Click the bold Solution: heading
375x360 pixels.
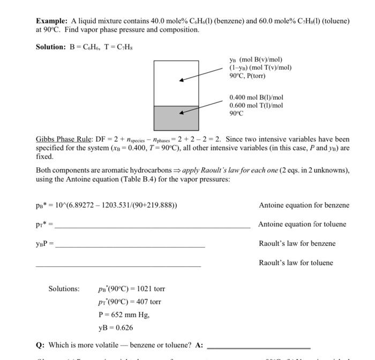point(50,47)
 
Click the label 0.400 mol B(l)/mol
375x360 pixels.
point(256,97)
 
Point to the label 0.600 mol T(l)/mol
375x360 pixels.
point(256,106)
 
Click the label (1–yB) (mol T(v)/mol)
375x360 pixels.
point(260,67)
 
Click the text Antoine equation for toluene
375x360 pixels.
point(302,224)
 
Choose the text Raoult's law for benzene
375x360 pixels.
point(297,244)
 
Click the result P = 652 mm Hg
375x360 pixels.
point(124,314)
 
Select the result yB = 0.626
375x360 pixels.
point(116,327)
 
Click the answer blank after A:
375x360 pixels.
point(258,348)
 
